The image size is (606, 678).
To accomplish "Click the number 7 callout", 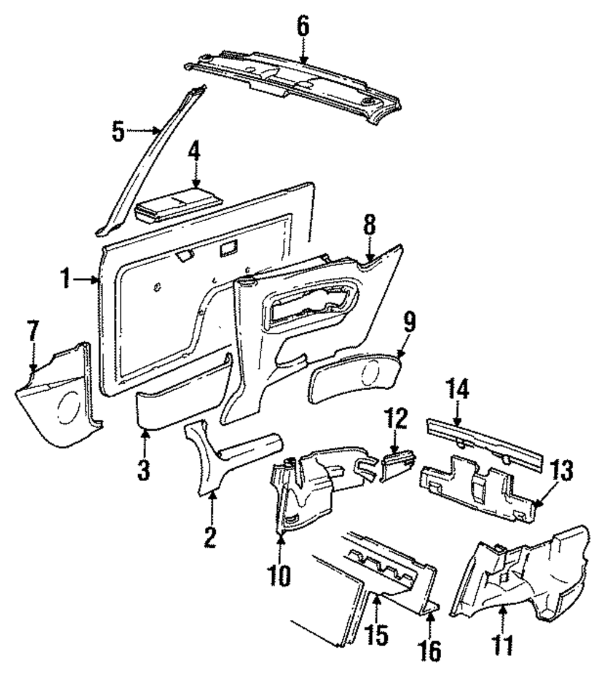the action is coord(33,333).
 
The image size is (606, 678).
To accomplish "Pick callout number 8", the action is coord(370,228).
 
